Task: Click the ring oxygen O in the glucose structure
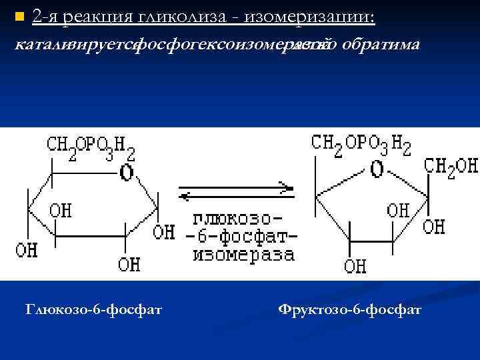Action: click(x=127, y=173)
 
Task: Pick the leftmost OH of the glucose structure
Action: click(x=27, y=251)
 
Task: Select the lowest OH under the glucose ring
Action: click(x=129, y=264)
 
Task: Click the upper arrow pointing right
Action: click(x=237, y=186)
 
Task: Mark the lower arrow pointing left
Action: click(x=237, y=196)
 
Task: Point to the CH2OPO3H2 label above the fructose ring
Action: click(x=361, y=144)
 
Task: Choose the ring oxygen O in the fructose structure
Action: click(x=377, y=169)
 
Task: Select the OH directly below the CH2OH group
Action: click(x=433, y=227)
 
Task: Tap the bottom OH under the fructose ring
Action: click(x=355, y=266)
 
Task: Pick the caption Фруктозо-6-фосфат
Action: click(x=349, y=310)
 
